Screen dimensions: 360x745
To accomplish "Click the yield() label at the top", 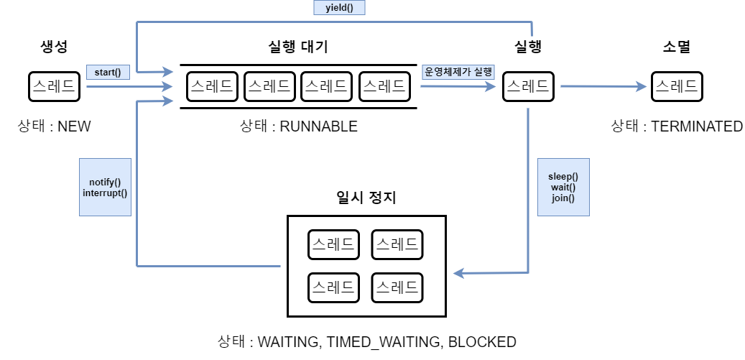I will coord(340,8).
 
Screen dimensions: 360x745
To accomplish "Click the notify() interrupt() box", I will coord(105,187).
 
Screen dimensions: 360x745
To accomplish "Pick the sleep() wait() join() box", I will coord(563,187).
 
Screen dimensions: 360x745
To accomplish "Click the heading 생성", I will coord(54,47).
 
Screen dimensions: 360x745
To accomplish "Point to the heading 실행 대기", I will coord(297,47).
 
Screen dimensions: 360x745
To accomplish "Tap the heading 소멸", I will coord(677,47).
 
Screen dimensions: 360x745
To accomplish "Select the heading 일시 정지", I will coord(366,197).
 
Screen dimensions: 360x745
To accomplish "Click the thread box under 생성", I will coord(54,87).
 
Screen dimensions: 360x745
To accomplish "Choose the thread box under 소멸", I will coord(677,87).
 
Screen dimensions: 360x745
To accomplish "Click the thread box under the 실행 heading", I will coord(528,87).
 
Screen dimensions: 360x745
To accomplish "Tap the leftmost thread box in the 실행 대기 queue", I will coord(212,87).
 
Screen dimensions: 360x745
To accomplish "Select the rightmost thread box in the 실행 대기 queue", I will coord(384,87).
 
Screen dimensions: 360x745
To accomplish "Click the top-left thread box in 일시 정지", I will coord(333,244).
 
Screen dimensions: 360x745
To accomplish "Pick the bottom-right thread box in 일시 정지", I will coord(397,288).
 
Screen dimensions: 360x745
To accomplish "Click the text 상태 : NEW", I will coord(55,126).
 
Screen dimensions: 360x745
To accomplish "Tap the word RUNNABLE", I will coord(318,126).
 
